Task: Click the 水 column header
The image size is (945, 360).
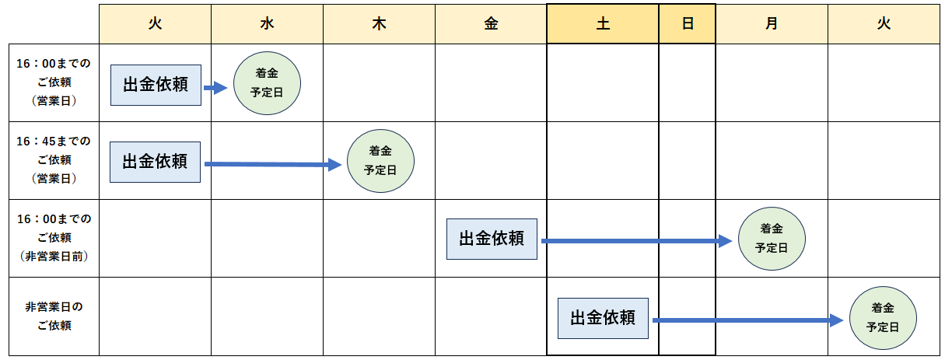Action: [x=267, y=23]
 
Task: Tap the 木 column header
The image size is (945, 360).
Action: [x=380, y=23]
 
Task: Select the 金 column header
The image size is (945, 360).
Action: [x=491, y=23]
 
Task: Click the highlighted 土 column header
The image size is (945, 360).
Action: [x=603, y=23]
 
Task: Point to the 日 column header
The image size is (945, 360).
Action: [x=688, y=23]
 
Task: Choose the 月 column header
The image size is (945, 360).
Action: [x=772, y=23]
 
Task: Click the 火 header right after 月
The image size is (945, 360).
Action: [x=884, y=23]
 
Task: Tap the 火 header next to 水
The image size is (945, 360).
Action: [x=156, y=23]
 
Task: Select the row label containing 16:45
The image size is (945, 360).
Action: [x=54, y=159]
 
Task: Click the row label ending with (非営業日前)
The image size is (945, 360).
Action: [x=54, y=238]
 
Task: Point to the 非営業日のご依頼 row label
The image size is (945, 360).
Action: [x=54, y=316]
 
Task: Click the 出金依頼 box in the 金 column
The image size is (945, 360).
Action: [x=492, y=239]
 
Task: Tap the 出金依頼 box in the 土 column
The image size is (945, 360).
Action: [x=603, y=318]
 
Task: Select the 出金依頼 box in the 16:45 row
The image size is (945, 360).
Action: [x=156, y=162]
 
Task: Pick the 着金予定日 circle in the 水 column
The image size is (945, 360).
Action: [x=267, y=83]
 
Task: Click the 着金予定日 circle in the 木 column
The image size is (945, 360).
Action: [x=380, y=161]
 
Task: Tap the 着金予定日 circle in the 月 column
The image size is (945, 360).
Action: [x=772, y=239]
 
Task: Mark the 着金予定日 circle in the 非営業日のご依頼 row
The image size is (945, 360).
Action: [x=883, y=318]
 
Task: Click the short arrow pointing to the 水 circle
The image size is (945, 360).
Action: [x=215, y=88]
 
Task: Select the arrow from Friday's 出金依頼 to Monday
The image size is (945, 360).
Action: [x=636, y=241]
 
